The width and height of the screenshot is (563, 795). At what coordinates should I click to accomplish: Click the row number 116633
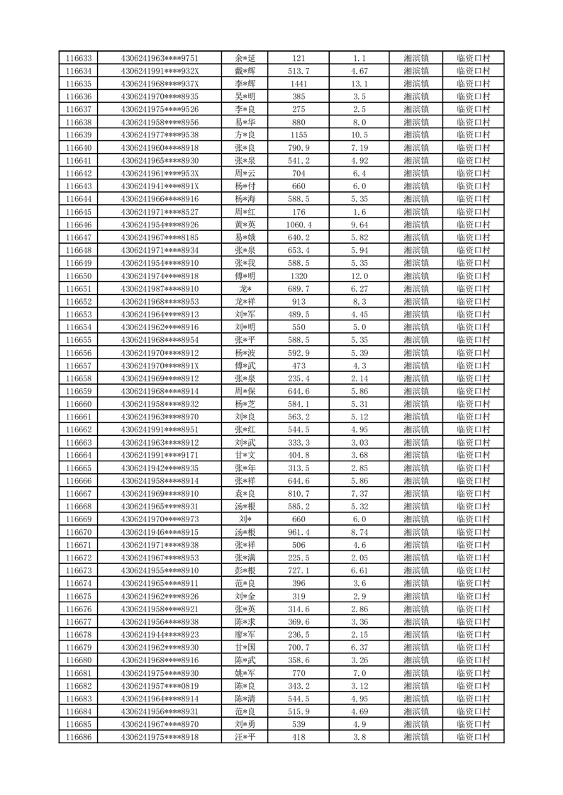pyautogui.click(x=78, y=58)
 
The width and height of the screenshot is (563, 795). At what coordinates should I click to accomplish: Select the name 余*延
pyautogui.click(x=245, y=58)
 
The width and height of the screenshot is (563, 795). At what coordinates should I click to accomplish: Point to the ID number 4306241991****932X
pyautogui.click(x=160, y=71)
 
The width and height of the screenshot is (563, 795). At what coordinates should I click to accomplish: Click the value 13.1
pyautogui.click(x=359, y=84)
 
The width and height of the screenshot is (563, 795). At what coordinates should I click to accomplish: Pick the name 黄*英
pyautogui.click(x=245, y=225)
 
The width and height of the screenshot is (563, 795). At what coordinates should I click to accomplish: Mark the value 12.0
pyautogui.click(x=359, y=276)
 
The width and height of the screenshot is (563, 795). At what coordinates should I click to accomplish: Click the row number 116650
pyautogui.click(x=78, y=276)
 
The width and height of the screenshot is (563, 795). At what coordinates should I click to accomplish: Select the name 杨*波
pyautogui.click(x=245, y=353)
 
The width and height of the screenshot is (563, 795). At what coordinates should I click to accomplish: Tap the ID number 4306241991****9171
pyautogui.click(x=160, y=456)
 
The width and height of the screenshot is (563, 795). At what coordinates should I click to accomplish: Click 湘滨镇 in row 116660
pyautogui.click(x=416, y=404)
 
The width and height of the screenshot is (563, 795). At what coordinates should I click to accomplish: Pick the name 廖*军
pyautogui.click(x=245, y=635)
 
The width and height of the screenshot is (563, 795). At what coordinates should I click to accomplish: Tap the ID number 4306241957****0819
pyautogui.click(x=160, y=686)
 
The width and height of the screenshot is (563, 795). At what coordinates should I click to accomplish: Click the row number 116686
pyautogui.click(x=78, y=738)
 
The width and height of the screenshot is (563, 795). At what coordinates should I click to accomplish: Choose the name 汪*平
pyautogui.click(x=245, y=738)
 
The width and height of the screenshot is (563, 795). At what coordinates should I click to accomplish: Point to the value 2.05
pyautogui.click(x=359, y=558)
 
